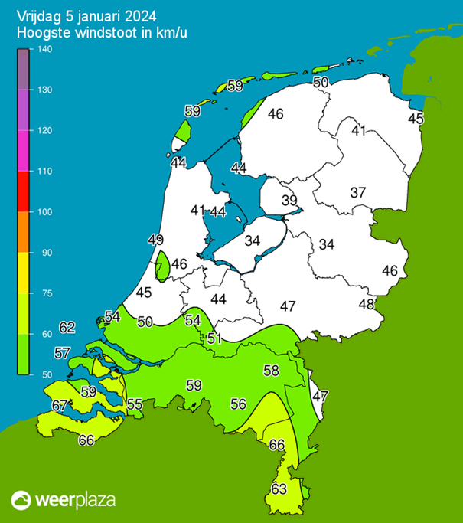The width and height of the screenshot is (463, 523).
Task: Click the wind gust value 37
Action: click(x=358, y=192)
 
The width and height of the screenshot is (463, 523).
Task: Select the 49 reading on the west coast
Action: click(x=156, y=240)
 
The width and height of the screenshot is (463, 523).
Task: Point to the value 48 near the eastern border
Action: click(x=367, y=304)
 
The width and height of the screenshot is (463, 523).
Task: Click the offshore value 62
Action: click(x=67, y=328)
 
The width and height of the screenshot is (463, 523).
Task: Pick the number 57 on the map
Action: click(x=63, y=353)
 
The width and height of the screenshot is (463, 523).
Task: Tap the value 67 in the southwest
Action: click(x=60, y=405)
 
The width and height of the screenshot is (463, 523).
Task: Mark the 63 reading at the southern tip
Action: click(x=279, y=489)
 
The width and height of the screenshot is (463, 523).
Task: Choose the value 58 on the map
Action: click(x=271, y=371)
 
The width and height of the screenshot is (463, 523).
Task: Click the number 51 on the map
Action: click(x=215, y=338)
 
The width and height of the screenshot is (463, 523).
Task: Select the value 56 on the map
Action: click(x=238, y=404)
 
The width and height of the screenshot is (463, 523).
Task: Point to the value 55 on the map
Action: click(x=135, y=404)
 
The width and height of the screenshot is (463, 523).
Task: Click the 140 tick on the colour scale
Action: click(x=44, y=50)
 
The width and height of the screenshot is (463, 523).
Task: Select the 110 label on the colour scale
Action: click(x=44, y=172)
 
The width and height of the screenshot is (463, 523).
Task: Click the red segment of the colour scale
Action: click(x=23, y=191)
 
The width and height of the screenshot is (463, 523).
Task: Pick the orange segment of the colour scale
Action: click(x=23, y=231)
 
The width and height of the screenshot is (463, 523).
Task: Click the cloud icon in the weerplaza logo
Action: click(x=22, y=500)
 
